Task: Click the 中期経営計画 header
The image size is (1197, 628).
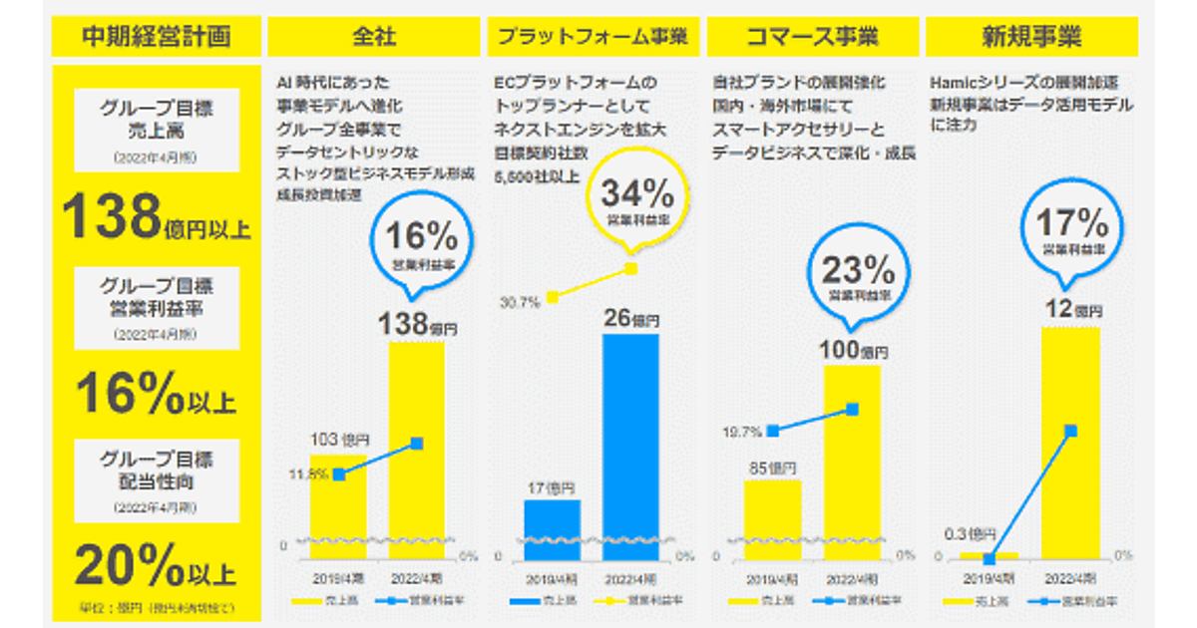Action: click(156, 37)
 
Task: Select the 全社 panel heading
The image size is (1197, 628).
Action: click(375, 37)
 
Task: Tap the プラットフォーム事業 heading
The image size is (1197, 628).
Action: click(593, 37)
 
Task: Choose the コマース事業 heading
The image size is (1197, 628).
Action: click(812, 37)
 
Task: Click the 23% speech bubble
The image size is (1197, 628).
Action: click(859, 276)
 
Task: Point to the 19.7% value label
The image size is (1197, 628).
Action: click(743, 432)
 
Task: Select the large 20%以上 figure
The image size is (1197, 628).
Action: click(156, 567)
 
